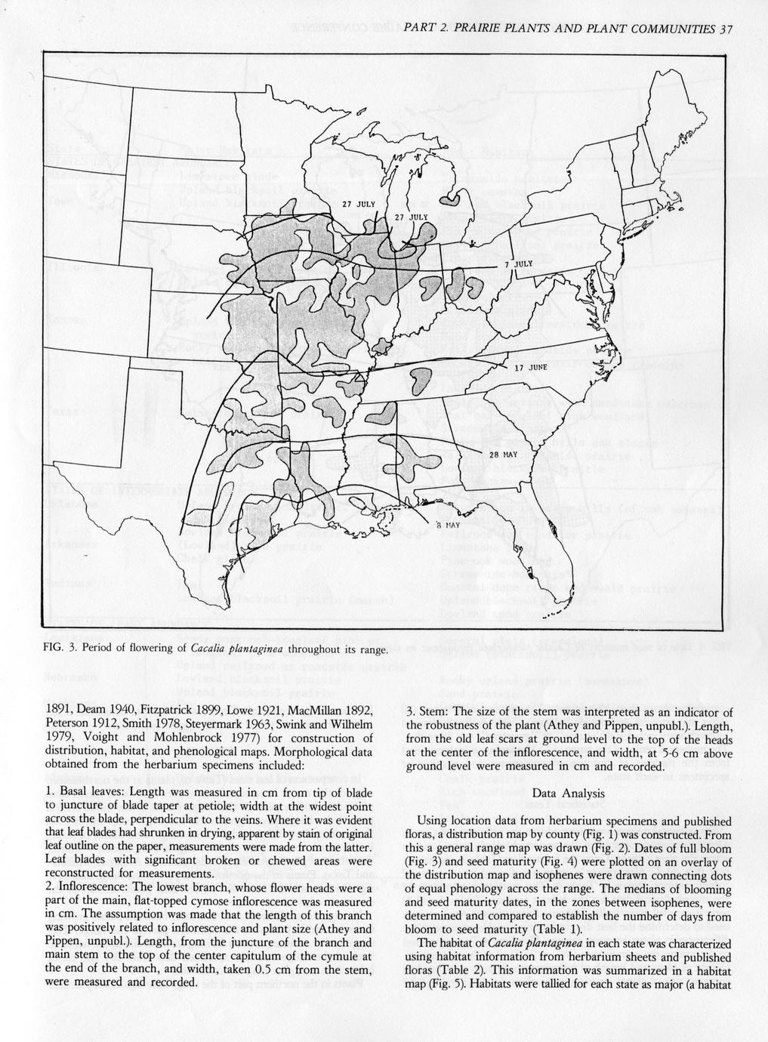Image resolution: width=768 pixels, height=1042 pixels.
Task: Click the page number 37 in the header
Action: [726, 29]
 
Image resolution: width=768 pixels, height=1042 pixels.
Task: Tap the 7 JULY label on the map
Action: [518, 265]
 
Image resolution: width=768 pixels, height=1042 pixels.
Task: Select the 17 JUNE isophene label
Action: [530, 368]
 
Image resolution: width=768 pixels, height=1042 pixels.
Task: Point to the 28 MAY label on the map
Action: [504, 455]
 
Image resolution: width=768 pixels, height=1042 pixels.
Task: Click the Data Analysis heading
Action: [568, 794]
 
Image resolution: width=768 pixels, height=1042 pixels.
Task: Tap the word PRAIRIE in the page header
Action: [470, 29]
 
